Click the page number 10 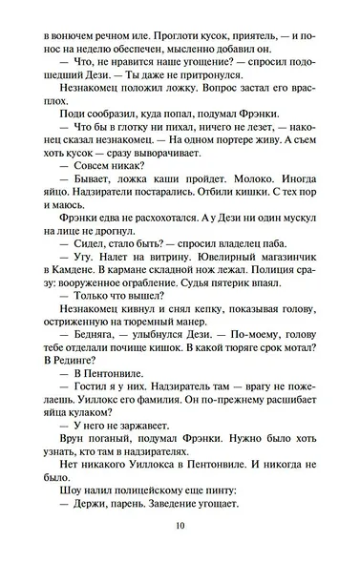point(180,525)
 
